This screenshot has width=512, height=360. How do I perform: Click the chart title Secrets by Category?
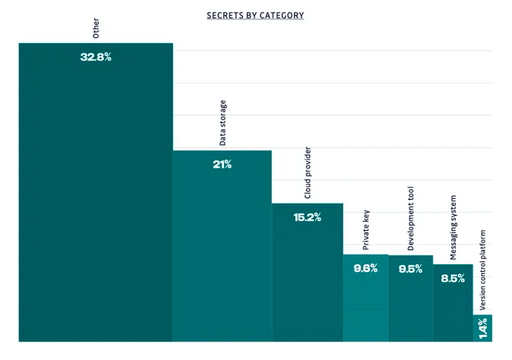tap(255, 15)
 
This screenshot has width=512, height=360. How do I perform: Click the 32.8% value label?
tap(96, 57)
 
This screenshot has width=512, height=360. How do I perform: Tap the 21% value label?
tap(222, 165)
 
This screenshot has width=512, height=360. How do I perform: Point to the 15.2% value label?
tap(307, 217)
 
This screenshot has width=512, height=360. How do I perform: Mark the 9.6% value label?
tap(365, 269)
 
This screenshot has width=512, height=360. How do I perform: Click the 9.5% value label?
tap(410, 269)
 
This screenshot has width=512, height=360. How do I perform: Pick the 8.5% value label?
tap(453, 278)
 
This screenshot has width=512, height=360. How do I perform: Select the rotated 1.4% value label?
tap(482, 329)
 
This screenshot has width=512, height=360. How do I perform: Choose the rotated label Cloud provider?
tap(307, 173)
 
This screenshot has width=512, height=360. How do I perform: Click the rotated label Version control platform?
tap(482, 269)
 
